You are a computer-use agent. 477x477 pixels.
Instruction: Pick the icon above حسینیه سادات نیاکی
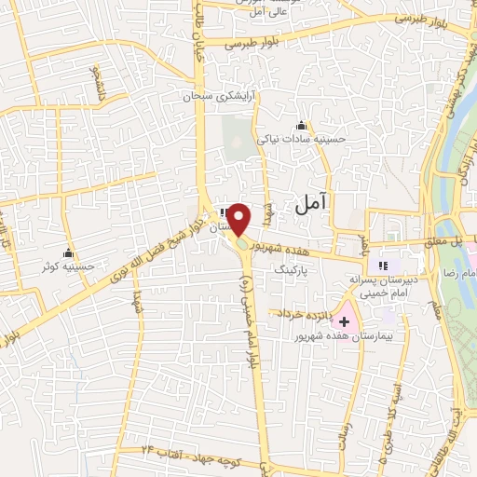click(300, 126)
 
